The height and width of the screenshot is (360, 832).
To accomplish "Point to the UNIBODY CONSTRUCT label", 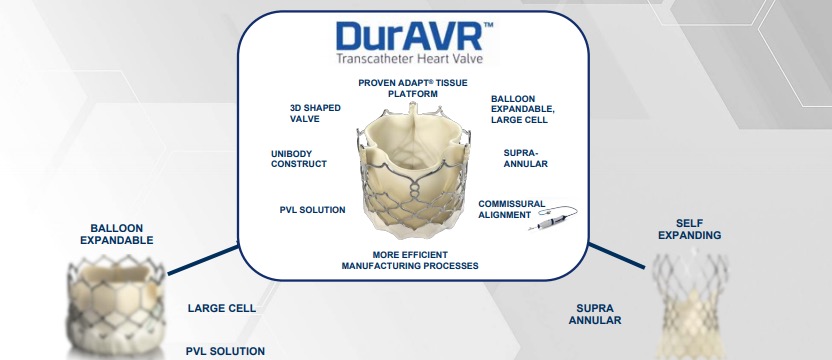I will click(299, 158).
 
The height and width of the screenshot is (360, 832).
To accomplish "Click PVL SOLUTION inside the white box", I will click(313, 210).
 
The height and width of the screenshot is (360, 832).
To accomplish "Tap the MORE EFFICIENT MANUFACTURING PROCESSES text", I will click(409, 260).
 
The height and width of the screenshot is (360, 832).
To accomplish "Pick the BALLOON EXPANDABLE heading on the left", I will click(116, 234).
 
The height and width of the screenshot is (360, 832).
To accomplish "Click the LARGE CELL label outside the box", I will click(222, 308).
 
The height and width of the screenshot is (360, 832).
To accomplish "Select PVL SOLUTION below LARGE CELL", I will click(225, 351).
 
